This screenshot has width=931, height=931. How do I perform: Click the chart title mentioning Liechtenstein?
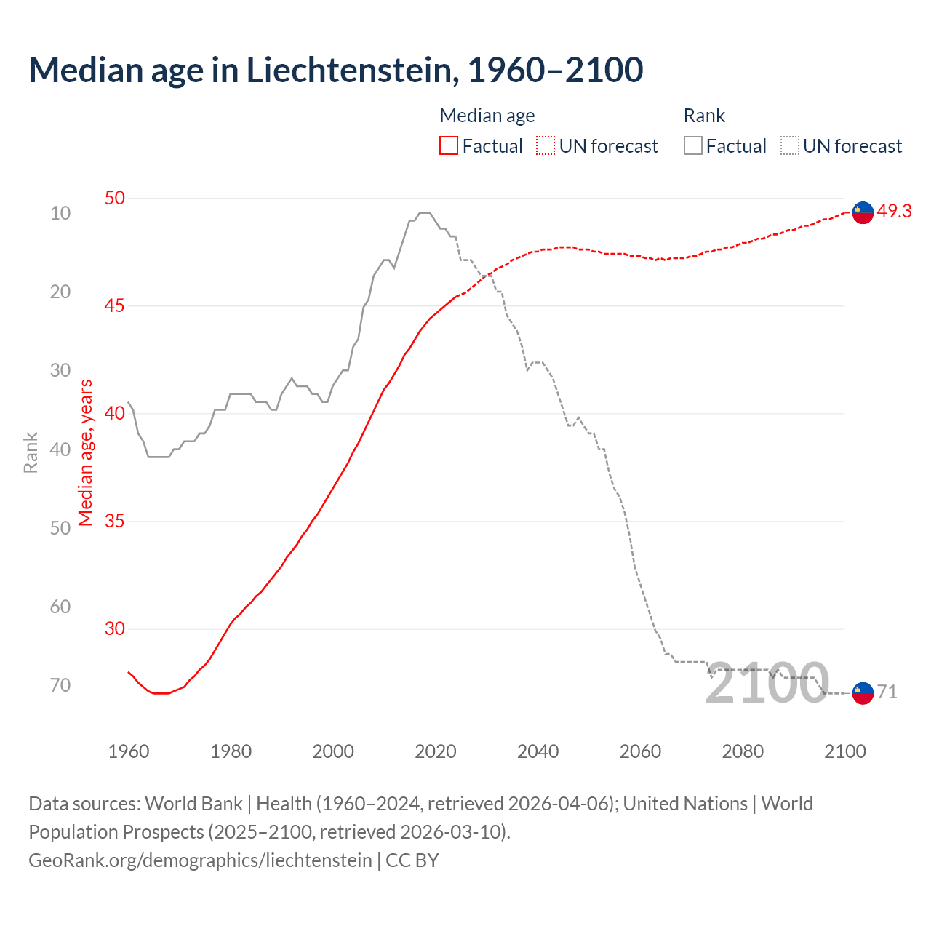tap(335, 70)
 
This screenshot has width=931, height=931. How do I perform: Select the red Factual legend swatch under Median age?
tap(449, 146)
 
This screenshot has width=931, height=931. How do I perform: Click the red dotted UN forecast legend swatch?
tap(546, 146)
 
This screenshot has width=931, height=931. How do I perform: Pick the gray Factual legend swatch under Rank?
tap(693, 146)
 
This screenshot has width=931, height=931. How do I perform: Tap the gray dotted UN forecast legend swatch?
tap(790, 146)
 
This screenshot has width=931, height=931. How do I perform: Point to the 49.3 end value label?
tap(894, 211)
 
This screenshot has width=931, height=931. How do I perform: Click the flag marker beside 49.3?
tap(863, 212)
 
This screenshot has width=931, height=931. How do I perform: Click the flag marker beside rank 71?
tap(863, 693)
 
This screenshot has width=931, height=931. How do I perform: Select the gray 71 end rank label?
tap(887, 692)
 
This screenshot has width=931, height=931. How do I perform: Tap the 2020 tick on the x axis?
tap(435, 751)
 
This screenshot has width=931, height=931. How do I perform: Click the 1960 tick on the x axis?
tap(129, 751)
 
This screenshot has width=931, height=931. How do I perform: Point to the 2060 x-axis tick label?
tap(640, 751)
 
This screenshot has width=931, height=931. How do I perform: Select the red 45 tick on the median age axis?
tap(114, 305)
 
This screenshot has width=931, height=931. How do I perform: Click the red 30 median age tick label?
tap(114, 628)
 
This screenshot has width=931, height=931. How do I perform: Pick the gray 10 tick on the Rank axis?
tap(60, 213)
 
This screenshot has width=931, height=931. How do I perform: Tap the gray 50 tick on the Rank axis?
tap(60, 528)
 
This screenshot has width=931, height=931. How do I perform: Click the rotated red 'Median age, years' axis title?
tap(86, 452)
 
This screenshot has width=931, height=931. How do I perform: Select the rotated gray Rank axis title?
tap(31, 452)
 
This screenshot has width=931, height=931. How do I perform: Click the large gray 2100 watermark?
tap(767, 684)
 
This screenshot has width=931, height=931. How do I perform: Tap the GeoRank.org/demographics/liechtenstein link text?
tap(200, 860)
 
